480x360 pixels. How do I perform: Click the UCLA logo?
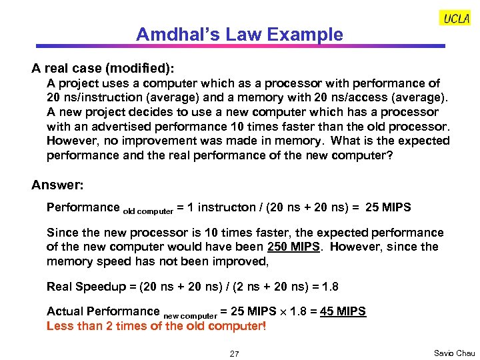(455, 19)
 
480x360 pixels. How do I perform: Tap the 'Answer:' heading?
(57, 185)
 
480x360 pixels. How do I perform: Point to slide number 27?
(234, 353)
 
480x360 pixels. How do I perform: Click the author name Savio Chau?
(453, 353)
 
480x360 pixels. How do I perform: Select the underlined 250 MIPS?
(293, 247)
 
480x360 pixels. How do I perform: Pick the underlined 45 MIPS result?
(343, 311)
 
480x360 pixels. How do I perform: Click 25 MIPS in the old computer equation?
(389, 207)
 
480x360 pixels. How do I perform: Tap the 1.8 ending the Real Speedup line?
(330, 287)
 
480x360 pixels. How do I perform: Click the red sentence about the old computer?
(156, 326)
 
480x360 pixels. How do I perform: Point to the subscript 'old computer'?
(148, 211)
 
